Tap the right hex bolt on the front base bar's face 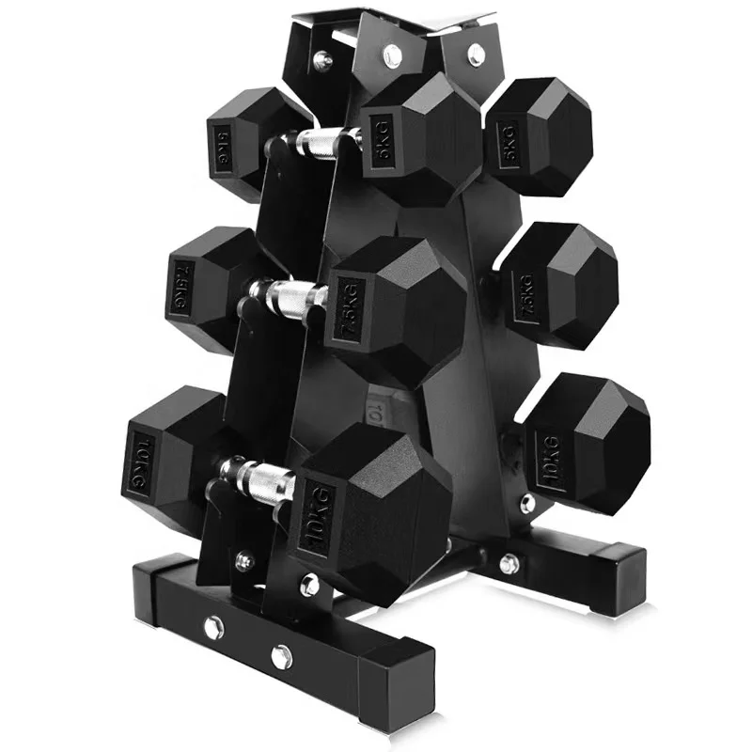coord(279,654)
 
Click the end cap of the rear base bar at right coord(623,575)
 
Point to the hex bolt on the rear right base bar coord(509,564)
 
